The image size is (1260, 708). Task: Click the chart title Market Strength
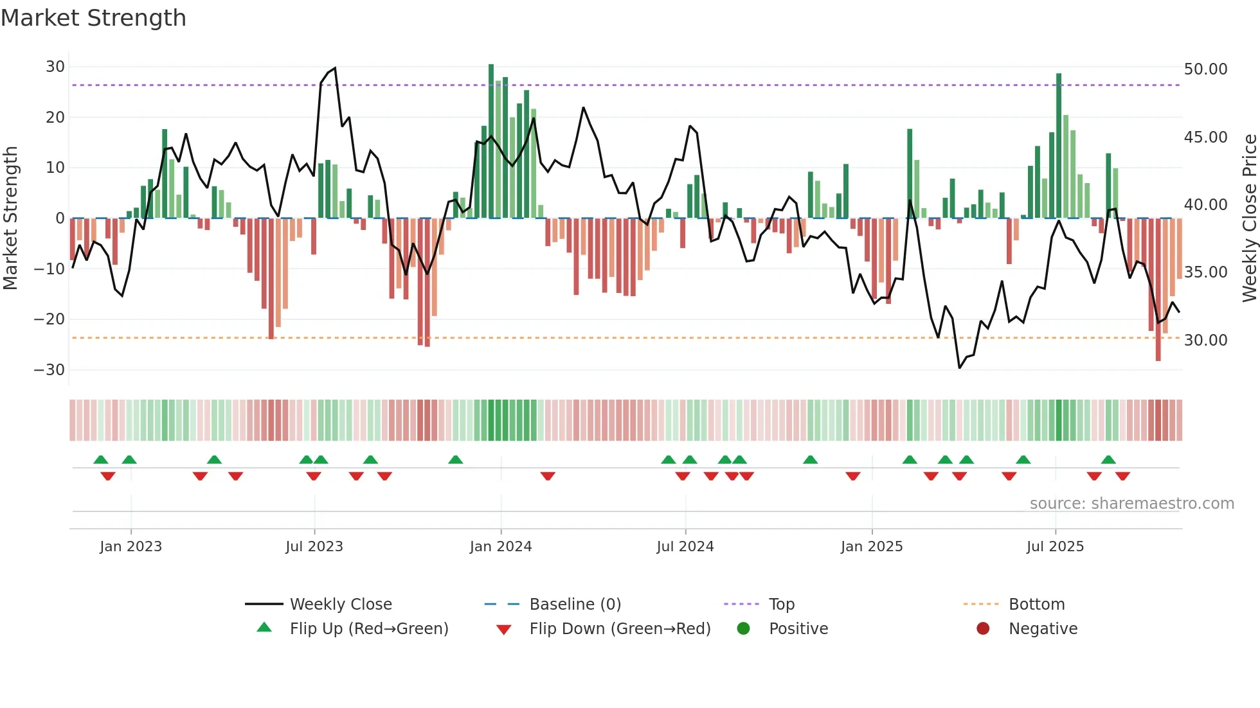coord(93,18)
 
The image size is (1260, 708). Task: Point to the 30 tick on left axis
coord(55,67)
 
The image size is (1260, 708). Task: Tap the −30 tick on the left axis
coord(50,370)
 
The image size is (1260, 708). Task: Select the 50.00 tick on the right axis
coord(1205,69)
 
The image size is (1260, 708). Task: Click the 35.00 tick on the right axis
coord(1205,272)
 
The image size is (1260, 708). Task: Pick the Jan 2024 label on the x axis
coord(501,547)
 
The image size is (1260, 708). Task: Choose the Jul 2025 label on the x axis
coord(1055,547)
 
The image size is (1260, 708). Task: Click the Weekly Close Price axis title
coord(1249,218)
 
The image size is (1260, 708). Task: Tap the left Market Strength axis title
coord(11,218)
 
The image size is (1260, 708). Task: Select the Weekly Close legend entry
coord(341,605)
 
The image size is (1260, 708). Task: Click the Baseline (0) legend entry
coord(575,605)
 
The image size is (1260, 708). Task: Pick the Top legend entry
coord(782,605)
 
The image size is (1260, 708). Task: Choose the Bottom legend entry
coord(1036,605)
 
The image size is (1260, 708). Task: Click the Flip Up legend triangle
coord(264,628)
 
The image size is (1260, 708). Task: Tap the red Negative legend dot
coord(983,628)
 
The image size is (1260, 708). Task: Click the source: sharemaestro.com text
coord(1131,504)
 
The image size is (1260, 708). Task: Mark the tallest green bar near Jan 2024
coord(491,141)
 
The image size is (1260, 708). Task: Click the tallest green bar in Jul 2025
coord(1059,146)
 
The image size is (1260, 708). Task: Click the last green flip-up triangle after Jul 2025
coord(1108,459)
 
